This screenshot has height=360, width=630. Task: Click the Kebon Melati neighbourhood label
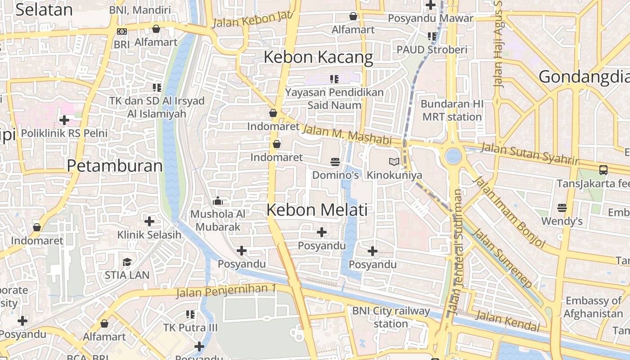click(x=317, y=210)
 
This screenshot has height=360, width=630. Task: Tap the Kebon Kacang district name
click(x=318, y=57)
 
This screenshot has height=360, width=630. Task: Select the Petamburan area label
click(x=115, y=166)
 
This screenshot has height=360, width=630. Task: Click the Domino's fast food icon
click(x=335, y=162)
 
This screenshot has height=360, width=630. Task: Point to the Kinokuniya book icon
click(x=394, y=162)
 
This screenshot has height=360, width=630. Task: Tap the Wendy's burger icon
click(x=562, y=208)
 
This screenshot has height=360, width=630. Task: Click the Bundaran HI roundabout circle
click(x=453, y=156)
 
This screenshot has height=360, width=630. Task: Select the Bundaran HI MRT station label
click(x=452, y=110)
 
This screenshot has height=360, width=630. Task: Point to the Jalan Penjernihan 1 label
click(x=225, y=291)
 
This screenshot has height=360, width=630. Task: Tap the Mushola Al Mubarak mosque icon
click(x=218, y=201)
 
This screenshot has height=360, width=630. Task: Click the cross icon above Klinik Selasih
click(x=149, y=221)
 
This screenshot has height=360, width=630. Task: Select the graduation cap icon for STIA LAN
click(x=127, y=262)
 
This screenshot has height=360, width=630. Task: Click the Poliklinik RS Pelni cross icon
click(x=64, y=120)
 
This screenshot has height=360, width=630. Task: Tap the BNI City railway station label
click(x=391, y=317)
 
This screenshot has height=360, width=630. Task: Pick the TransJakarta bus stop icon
click(x=603, y=170)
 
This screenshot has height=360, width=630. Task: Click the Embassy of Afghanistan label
click(x=593, y=307)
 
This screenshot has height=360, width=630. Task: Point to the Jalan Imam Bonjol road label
click(x=509, y=212)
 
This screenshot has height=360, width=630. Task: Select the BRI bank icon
click(x=121, y=31)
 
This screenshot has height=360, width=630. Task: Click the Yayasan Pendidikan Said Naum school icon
click(x=334, y=79)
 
